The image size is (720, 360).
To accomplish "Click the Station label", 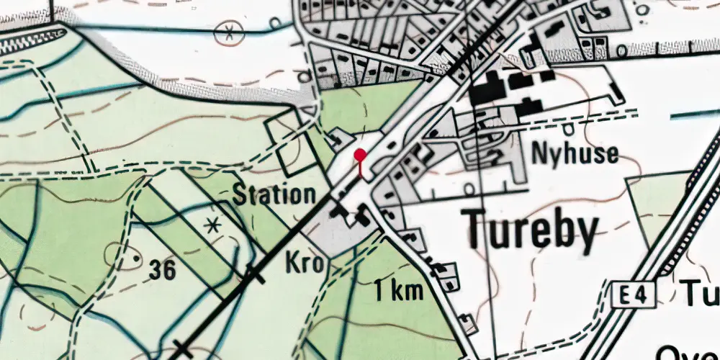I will pos(274,194).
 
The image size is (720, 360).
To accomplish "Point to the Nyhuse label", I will pos(575,153).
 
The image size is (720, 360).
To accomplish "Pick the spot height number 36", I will pos(163,270).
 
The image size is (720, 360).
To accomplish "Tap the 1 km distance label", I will pos(397,291).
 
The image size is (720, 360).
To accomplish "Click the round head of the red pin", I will pos(360,155).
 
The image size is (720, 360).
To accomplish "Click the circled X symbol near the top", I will pos(229,31).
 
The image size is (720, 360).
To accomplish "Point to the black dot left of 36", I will pos(132,256).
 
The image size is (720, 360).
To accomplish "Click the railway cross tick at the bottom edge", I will pos(182,351).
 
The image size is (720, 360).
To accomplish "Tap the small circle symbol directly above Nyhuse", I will pos(569,130).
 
